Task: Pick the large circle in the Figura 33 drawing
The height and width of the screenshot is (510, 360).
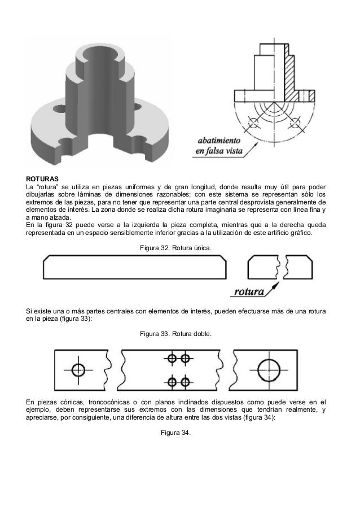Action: click(x=268, y=370)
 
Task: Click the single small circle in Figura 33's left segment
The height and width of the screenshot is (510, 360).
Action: click(x=78, y=369)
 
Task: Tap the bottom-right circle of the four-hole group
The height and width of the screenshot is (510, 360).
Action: click(x=184, y=381)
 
